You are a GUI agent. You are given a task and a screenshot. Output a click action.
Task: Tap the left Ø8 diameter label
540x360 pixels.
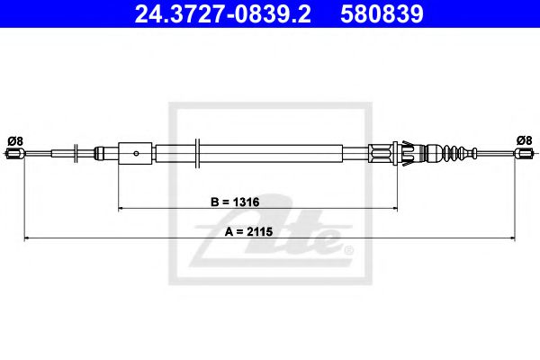[x=14, y=139]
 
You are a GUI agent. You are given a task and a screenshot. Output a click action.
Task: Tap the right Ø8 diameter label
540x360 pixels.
[x=524, y=139]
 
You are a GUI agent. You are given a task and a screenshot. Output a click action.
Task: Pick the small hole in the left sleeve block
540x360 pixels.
[x=135, y=153]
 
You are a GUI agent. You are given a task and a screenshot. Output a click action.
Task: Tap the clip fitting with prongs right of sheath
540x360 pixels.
[x=403, y=153]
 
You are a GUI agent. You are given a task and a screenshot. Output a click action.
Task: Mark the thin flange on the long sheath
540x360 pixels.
[x=196, y=152]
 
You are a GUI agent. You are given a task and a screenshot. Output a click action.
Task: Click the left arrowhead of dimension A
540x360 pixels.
[x=28, y=238]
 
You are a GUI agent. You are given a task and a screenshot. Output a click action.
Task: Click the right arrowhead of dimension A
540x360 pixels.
[x=512, y=238]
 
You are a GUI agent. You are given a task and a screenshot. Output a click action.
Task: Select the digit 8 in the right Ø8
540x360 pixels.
[x=529, y=139]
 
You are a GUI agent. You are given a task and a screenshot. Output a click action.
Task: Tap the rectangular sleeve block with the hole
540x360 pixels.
[x=136, y=152]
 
